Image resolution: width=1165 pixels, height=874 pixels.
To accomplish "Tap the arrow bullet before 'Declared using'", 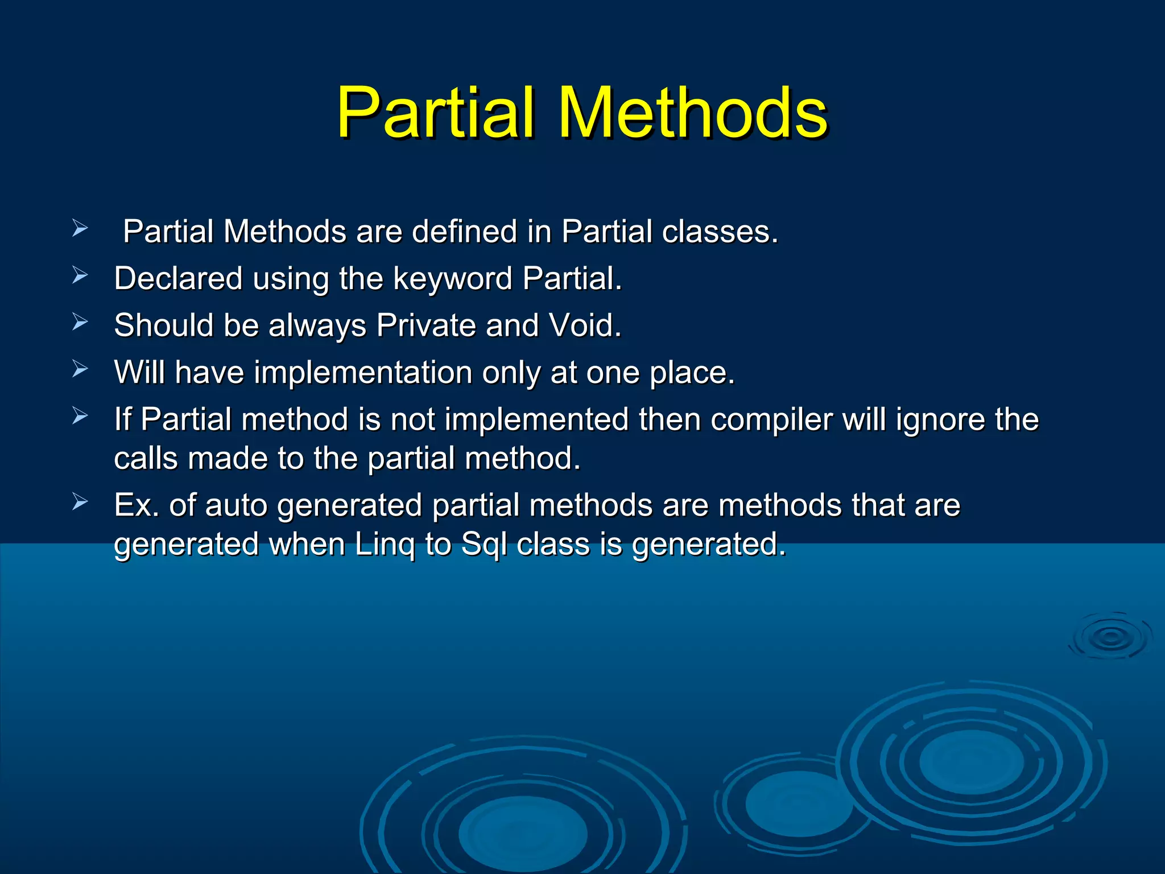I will (x=80, y=276).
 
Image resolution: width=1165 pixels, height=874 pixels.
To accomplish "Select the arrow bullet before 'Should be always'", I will (x=80, y=323).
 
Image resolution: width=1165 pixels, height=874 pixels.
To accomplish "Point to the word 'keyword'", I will (x=452, y=279).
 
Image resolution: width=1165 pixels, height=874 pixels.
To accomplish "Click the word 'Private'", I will (x=425, y=325).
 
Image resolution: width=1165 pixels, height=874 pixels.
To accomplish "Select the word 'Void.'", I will (x=585, y=325).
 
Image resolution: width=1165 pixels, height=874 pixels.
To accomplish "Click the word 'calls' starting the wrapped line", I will (x=146, y=459).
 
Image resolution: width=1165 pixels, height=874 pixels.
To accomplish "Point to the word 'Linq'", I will (x=385, y=545).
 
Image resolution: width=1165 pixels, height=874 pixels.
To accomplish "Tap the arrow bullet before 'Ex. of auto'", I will (x=80, y=502).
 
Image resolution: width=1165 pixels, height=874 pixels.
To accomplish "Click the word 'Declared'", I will (x=178, y=279).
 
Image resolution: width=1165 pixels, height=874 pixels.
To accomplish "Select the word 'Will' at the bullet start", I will (x=139, y=373).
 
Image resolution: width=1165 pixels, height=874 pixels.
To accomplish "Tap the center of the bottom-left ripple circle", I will (x=522, y=834).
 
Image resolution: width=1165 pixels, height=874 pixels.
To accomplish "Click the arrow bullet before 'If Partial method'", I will (x=80, y=417).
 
